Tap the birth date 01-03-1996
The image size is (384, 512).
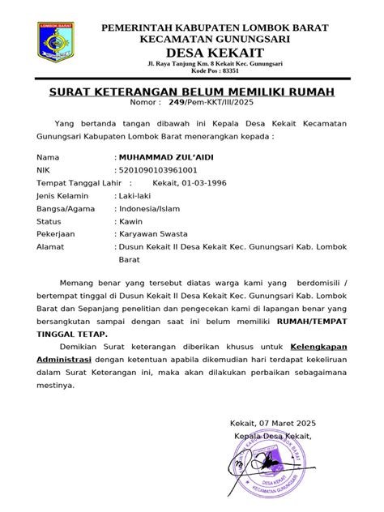207,184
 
